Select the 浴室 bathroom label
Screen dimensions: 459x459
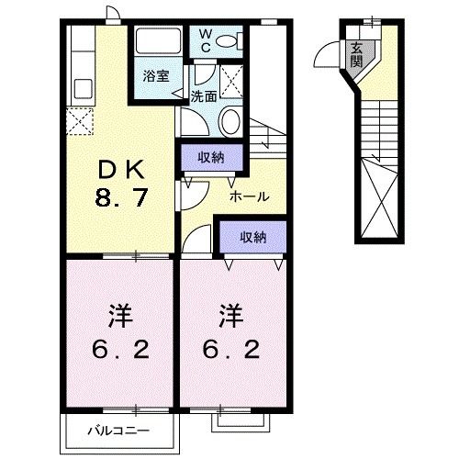click(x=155, y=76)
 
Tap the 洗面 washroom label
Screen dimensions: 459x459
click(x=205, y=95)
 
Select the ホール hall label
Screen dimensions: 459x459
click(x=249, y=196)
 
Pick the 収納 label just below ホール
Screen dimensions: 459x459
click(x=252, y=236)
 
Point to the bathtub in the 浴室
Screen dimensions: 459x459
click(x=155, y=42)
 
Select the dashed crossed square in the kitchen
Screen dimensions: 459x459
click(x=80, y=119)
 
